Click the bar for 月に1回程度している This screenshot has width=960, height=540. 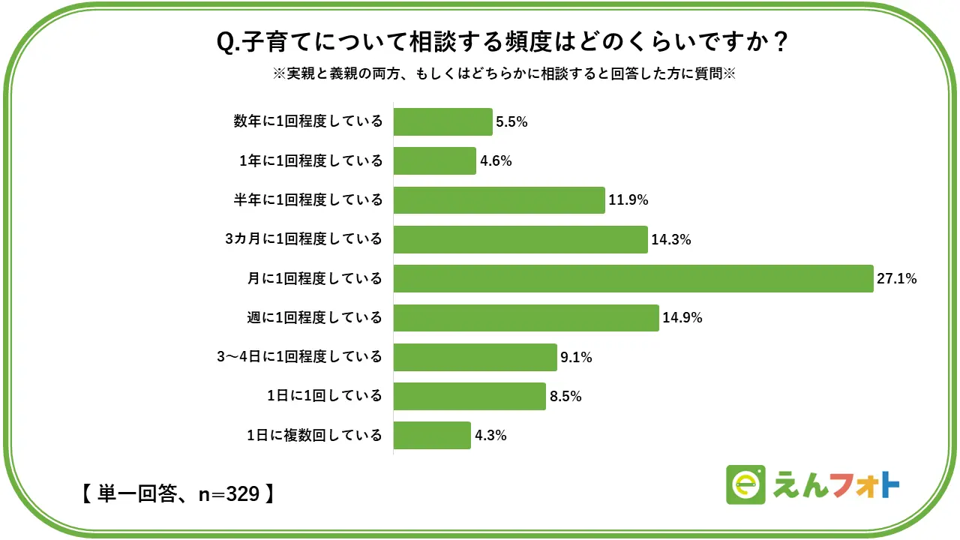tap(633, 278)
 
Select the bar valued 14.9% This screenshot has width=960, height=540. tap(526, 317)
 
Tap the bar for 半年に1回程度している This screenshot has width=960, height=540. tap(499, 200)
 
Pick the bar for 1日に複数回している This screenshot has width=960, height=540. tap(432, 435)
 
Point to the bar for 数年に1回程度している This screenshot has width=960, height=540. tap(442, 121)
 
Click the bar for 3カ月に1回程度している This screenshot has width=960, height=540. tap(520, 239)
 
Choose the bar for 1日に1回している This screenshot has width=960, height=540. tap(469, 396)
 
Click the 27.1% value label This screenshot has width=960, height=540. tap(897, 279)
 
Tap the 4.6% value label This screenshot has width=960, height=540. tap(496, 161)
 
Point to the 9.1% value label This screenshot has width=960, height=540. tap(576, 357)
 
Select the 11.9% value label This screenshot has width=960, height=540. tap(628, 200)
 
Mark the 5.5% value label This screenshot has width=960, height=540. tap(512, 122)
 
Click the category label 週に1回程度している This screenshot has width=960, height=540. tap(315, 318)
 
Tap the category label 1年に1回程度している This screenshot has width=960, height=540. tap(310, 161)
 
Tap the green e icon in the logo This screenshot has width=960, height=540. tap(745, 485)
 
